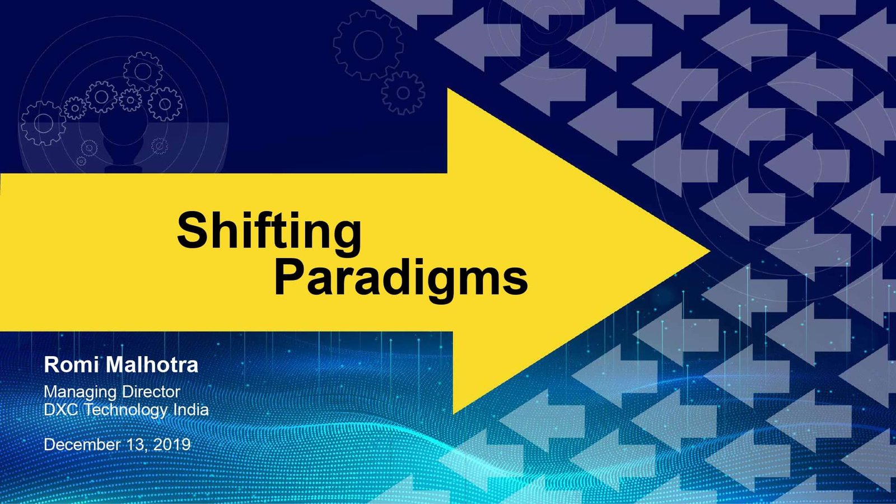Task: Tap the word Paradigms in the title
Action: coord(401,278)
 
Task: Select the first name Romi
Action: coord(71,365)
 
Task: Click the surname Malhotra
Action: coord(152,365)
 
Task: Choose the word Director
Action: coord(151,391)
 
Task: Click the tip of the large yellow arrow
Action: coord(710,251)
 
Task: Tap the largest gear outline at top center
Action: coord(368,45)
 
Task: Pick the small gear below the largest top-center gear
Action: coord(403,93)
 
